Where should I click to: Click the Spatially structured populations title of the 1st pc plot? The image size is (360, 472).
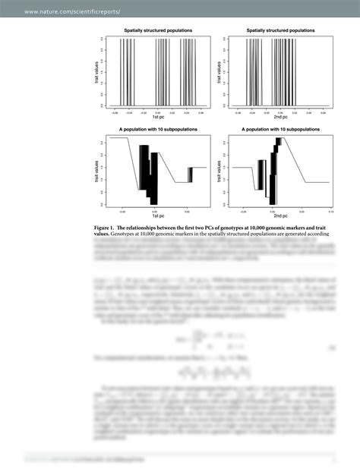(x=158, y=30)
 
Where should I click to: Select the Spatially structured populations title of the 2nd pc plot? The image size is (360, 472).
(x=280, y=30)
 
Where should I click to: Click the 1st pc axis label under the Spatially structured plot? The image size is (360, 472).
(x=158, y=117)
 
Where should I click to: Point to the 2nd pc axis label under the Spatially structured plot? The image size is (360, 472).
(x=280, y=117)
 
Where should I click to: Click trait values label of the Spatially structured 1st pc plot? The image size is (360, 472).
(x=98, y=72)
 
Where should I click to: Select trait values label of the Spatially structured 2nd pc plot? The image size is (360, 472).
(x=220, y=72)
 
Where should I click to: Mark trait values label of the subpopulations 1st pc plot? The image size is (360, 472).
(x=98, y=171)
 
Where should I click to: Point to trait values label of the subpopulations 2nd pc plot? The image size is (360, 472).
(x=220, y=171)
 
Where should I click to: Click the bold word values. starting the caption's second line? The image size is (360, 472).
(x=101, y=234)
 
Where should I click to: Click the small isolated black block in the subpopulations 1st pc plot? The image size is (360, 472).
(x=190, y=174)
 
